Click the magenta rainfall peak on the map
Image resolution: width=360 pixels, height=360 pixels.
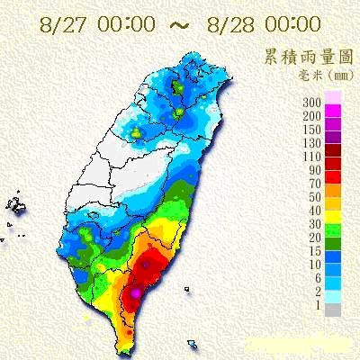pos(136,292)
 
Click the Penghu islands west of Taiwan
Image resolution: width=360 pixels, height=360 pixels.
pos(16,206)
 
